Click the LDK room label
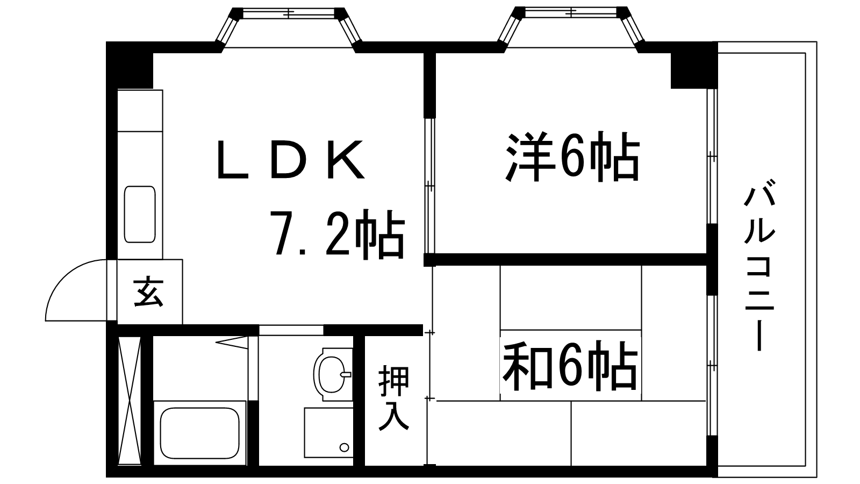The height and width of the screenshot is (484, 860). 291,160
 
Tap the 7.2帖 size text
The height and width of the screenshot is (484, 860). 337,233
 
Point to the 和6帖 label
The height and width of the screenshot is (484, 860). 570,368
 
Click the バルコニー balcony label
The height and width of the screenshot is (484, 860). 759,268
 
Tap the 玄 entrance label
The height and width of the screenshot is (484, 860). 149,292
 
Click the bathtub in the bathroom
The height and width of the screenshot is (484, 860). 199,433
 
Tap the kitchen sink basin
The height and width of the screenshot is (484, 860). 140,214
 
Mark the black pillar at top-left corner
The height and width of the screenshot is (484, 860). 131,65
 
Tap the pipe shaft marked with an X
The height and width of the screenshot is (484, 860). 130,400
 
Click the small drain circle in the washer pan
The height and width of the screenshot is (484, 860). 344,447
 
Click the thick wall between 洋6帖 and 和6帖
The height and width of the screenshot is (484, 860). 570,260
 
